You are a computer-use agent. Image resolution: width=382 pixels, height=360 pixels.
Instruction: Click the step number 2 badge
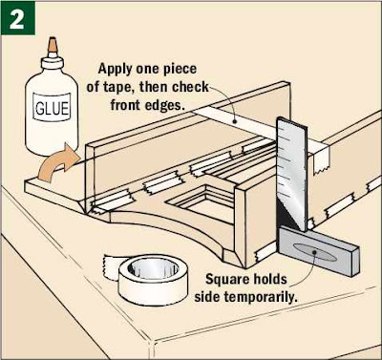pyautogui.click(x=17, y=18)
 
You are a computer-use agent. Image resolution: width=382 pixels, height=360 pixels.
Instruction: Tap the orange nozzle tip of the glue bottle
pyautogui.click(x=53, y=45)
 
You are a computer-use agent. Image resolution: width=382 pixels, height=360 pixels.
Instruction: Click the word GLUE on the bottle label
pyautogui.click(x=52, y=108)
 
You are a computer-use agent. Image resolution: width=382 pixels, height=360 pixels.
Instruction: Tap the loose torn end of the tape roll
pyautogui.click(x=111, y=268)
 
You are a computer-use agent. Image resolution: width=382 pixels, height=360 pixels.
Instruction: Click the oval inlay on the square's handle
pyautogui.click(x=314, y=252)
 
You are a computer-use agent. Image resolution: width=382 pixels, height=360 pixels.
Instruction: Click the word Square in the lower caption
pyautogui.click(x=227, y=280)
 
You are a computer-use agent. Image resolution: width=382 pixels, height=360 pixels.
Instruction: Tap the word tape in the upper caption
pyautogui.click(x=117, y=87)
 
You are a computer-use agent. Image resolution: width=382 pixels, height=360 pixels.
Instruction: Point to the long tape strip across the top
pyautogui.click(x=260, y=130)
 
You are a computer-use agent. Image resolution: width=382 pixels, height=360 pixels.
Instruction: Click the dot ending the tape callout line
pyautogui.click(x=235, y=121)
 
